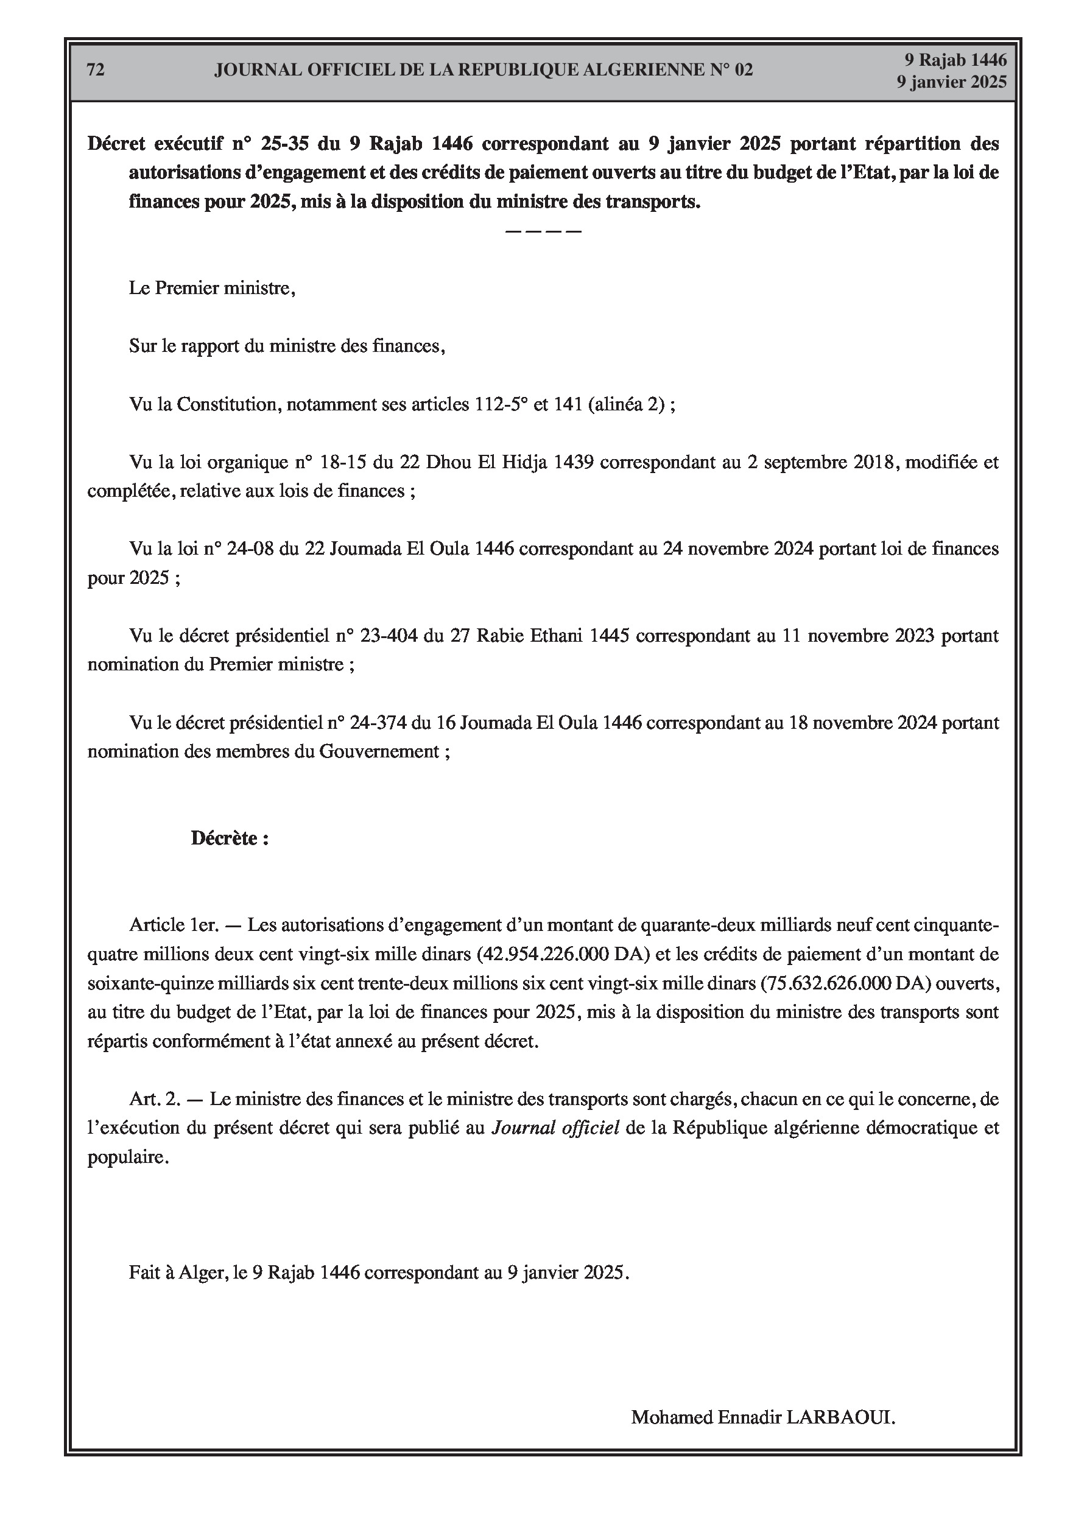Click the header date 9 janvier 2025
coord(952,82)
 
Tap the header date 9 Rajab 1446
coord(955,60)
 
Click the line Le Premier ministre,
coord(212,289)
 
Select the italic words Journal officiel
coord(555,1128)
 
